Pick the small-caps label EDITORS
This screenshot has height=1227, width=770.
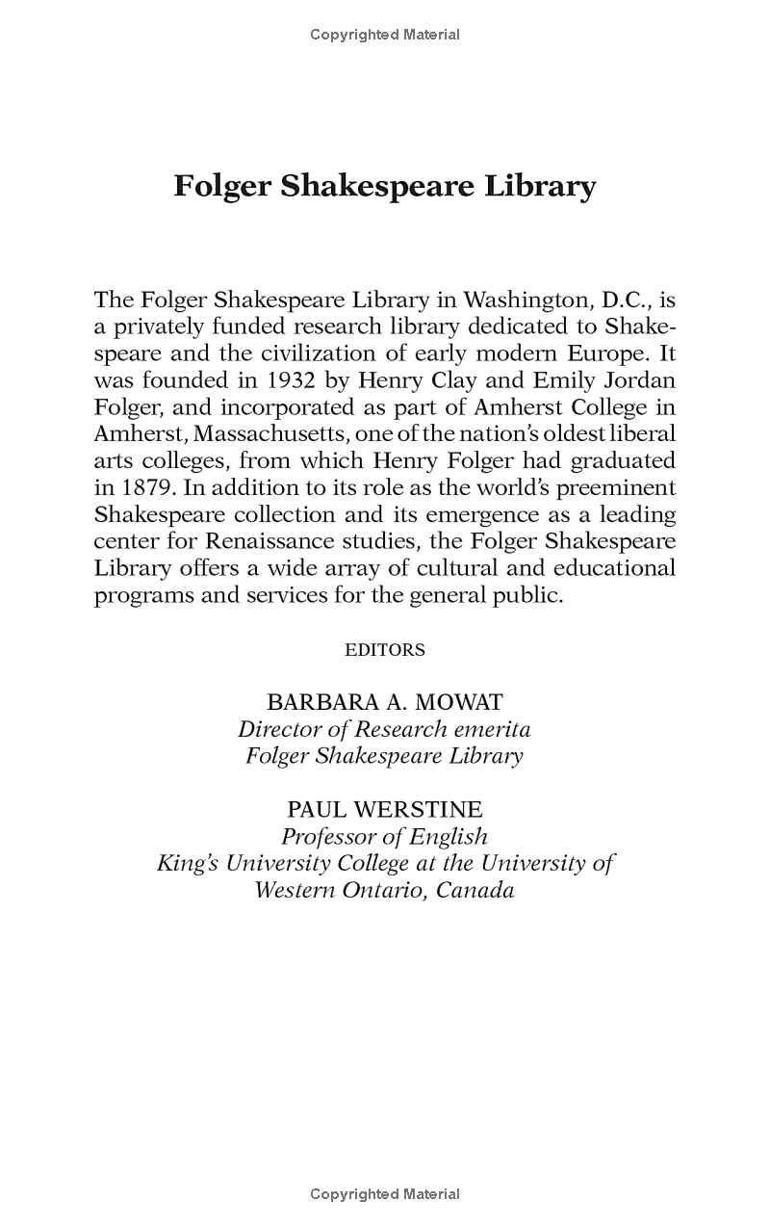click(x=385, y=650)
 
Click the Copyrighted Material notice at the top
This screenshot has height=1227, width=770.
click(x=385, y=35)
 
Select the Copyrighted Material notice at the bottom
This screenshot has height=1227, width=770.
click(x=385, y=1194)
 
